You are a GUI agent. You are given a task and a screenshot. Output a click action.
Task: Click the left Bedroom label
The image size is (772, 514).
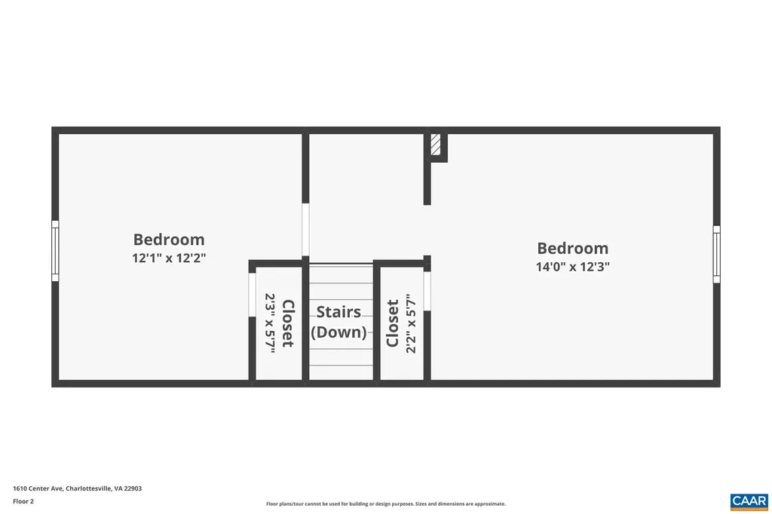pos(169,240)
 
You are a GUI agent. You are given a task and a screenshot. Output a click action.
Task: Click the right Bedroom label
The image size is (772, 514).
pos(572,248)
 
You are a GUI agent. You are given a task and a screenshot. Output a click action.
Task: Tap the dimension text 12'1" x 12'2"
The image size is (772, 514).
pos(169,258)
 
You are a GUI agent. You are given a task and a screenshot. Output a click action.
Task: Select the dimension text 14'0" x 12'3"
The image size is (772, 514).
pos(572,266)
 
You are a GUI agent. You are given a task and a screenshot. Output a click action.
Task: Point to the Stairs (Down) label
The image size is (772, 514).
pos(339,322)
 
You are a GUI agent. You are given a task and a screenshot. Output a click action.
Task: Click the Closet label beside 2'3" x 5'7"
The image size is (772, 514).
pos(287,323)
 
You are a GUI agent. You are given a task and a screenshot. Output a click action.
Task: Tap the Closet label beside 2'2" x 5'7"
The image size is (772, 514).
pos(393,323)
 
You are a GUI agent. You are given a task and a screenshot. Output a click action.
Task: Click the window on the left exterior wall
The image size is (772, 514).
pos(55,250)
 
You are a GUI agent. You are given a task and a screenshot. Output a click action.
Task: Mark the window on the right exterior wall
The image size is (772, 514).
pos(716,254)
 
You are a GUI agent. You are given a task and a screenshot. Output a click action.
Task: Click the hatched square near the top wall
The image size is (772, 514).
pos(436,145)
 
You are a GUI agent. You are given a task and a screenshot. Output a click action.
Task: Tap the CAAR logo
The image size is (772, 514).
pos(749,500)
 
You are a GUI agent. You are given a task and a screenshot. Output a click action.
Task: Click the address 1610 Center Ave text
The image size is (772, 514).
pos(38,488)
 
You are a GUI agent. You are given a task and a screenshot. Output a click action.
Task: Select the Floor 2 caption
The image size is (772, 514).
pos(23,501)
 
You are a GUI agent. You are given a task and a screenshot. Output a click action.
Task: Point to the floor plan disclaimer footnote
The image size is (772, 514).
pos(385,504)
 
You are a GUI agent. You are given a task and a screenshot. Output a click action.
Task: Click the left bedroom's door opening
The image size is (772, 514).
pos(305,230)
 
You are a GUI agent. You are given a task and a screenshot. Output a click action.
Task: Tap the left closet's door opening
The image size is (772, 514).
pos(252,294)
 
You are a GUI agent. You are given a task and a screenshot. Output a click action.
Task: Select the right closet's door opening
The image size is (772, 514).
pos(427,290)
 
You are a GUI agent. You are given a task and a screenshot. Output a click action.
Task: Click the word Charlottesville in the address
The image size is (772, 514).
pos(89,488)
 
